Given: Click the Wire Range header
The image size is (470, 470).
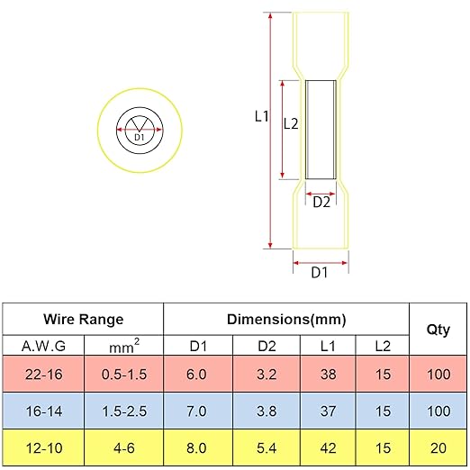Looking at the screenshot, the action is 83,319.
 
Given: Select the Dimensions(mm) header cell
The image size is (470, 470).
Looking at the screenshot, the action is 286,320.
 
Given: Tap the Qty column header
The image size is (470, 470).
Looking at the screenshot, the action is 438,330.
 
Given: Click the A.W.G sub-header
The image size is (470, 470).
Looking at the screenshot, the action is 43,347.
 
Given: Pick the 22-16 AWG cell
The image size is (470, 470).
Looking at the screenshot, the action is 44,375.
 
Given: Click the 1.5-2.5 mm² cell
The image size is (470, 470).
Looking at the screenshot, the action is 124,411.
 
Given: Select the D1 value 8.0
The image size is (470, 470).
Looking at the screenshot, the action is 196,448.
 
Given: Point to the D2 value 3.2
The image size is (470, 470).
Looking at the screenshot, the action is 267,375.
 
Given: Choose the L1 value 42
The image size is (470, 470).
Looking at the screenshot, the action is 328,448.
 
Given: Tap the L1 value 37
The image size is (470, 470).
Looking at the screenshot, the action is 328,411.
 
